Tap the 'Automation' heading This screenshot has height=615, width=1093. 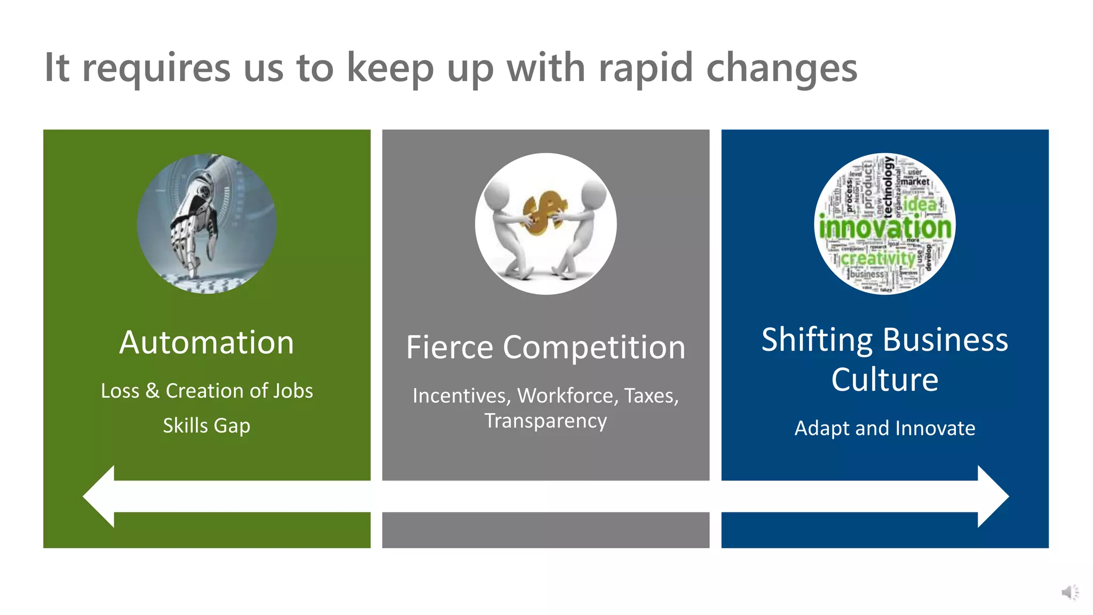207,342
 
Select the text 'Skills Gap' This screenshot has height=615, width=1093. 207,425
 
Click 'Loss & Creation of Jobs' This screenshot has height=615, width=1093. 207,391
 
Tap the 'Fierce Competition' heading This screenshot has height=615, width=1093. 545,348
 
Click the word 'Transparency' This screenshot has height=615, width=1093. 545,421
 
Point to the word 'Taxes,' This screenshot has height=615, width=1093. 651,396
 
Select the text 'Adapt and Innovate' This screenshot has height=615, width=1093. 884,428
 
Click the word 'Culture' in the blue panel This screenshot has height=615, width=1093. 884,380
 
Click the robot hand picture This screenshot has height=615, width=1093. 207,223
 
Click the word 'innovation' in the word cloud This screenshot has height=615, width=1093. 885,228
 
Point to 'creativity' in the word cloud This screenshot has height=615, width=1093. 878,258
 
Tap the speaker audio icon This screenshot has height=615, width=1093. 1069,592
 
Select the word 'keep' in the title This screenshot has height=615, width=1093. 390,68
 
